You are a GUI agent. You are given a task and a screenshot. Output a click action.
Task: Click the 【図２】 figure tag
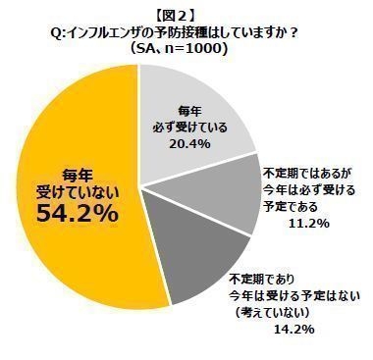186,13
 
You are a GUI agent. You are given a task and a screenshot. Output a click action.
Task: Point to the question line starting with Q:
186,30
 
